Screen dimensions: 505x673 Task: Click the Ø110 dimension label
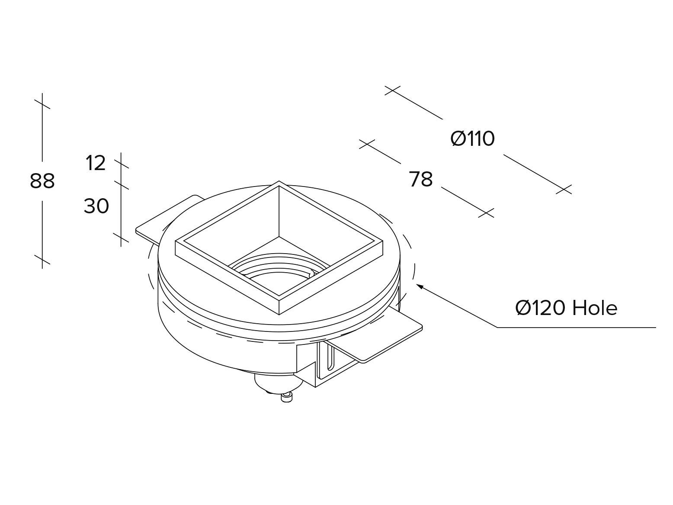[472, 139]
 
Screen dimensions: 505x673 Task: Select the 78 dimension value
[421, 180]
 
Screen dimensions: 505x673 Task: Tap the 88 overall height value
[42, 181]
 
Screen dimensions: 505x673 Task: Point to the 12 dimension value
[96, 163]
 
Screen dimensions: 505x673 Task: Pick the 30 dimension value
[96, 206]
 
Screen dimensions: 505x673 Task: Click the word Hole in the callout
[595, 308]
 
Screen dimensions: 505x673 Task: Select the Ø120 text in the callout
[541, 308]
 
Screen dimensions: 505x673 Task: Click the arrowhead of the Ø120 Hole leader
[418, 285]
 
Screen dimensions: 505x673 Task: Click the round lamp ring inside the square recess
[277, 270]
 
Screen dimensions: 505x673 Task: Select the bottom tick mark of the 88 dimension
[42, 260]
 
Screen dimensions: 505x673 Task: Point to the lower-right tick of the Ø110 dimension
[564, 190]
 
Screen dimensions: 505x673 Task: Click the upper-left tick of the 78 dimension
[367, 144]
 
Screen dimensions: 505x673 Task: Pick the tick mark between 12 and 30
[121, 184]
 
